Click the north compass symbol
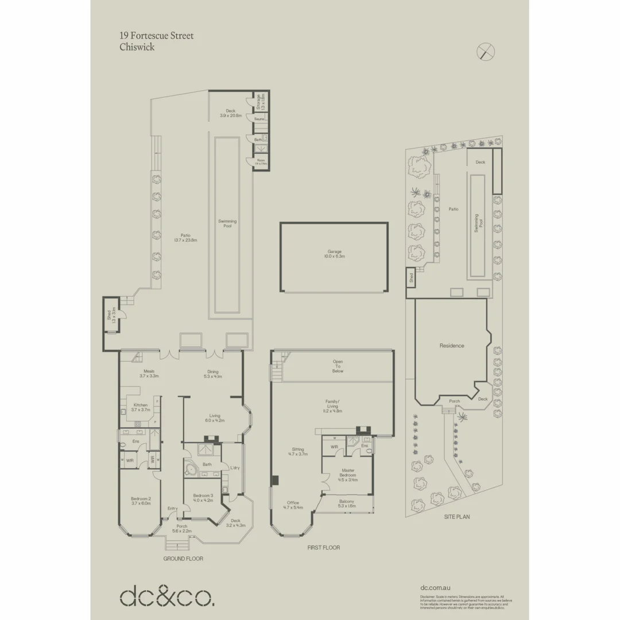tap(486, 52)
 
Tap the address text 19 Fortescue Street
tap(156, 36)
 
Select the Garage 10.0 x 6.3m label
tap(335, 254)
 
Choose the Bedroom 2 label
tap(141, 501)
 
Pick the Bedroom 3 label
tap(203, 498)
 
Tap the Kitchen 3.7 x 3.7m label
tap(140, 407)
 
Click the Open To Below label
tap(338, 367)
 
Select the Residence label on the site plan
tap(452, 346)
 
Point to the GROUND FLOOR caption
tap(183, 558)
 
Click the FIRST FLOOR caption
tap(323, 548)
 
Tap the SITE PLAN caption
tap(457, 517)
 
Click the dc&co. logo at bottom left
tap(167, 596)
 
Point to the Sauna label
tap(259, 119)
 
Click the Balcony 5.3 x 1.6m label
tap(346, 504)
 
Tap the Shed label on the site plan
tap(411, 277)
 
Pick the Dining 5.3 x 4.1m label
tap(212, 374)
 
